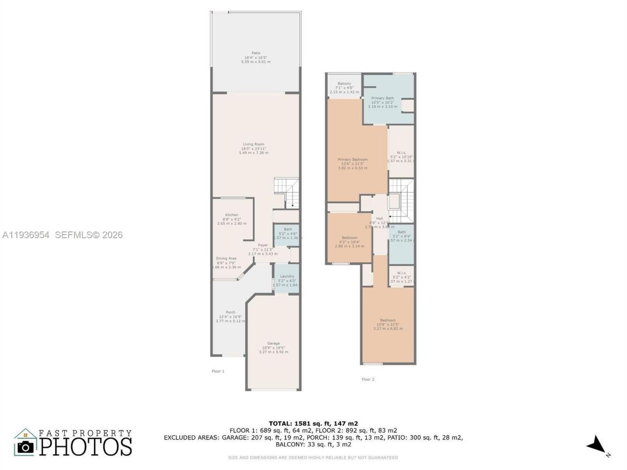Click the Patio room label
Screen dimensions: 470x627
(x=256, y=53)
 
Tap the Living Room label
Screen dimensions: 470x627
(x=253, y=144)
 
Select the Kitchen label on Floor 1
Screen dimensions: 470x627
(x=232, y=215)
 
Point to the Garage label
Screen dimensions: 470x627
(x=273, y=343)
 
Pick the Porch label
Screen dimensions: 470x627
(x=230, y=312)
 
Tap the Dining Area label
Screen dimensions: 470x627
(x=226, y=258)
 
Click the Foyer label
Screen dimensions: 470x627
(x=263, y=245)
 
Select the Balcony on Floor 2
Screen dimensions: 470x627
(x=344, y=84)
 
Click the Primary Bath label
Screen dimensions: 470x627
(x=383, y=98)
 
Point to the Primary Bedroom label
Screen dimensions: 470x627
(x=353, y=160)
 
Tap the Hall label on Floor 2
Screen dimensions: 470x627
(x=380, y=218)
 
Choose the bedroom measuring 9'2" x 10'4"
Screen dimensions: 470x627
(x=349, y=238)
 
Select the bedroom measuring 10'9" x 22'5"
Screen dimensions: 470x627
(x=388, y=320)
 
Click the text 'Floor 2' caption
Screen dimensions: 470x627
(x=368, y=379)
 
